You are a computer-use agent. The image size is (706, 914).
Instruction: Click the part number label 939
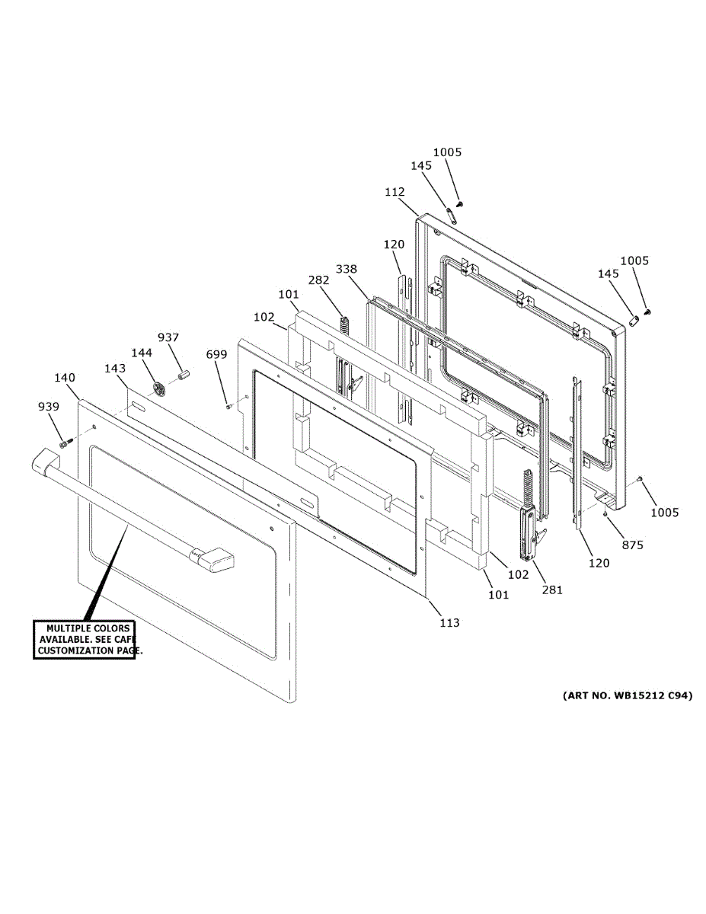coord(48,407)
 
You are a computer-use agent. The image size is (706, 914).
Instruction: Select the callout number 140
coord(65,377)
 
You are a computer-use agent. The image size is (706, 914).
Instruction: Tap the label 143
coord(115,369)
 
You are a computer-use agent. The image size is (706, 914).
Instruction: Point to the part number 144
coord(142,353)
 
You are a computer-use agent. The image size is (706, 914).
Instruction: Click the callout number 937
coord(168,337)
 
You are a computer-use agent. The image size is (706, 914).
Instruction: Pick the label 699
coord(217,354)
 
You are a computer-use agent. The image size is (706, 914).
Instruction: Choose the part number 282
coord(318,280)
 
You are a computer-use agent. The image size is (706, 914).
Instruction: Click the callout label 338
coord(347,269)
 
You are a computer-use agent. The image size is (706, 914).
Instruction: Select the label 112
coord(395,193)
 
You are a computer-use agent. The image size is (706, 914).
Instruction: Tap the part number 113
coord(449,623)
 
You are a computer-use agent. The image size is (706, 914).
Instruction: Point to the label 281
coord(551,590)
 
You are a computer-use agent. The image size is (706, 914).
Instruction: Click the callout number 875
coord(633,545)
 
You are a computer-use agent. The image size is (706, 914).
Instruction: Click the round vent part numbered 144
coord(158,388)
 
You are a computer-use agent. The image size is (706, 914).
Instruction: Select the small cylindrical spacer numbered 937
coord(183,375)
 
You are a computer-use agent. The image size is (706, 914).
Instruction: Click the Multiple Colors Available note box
coord(84,640)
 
